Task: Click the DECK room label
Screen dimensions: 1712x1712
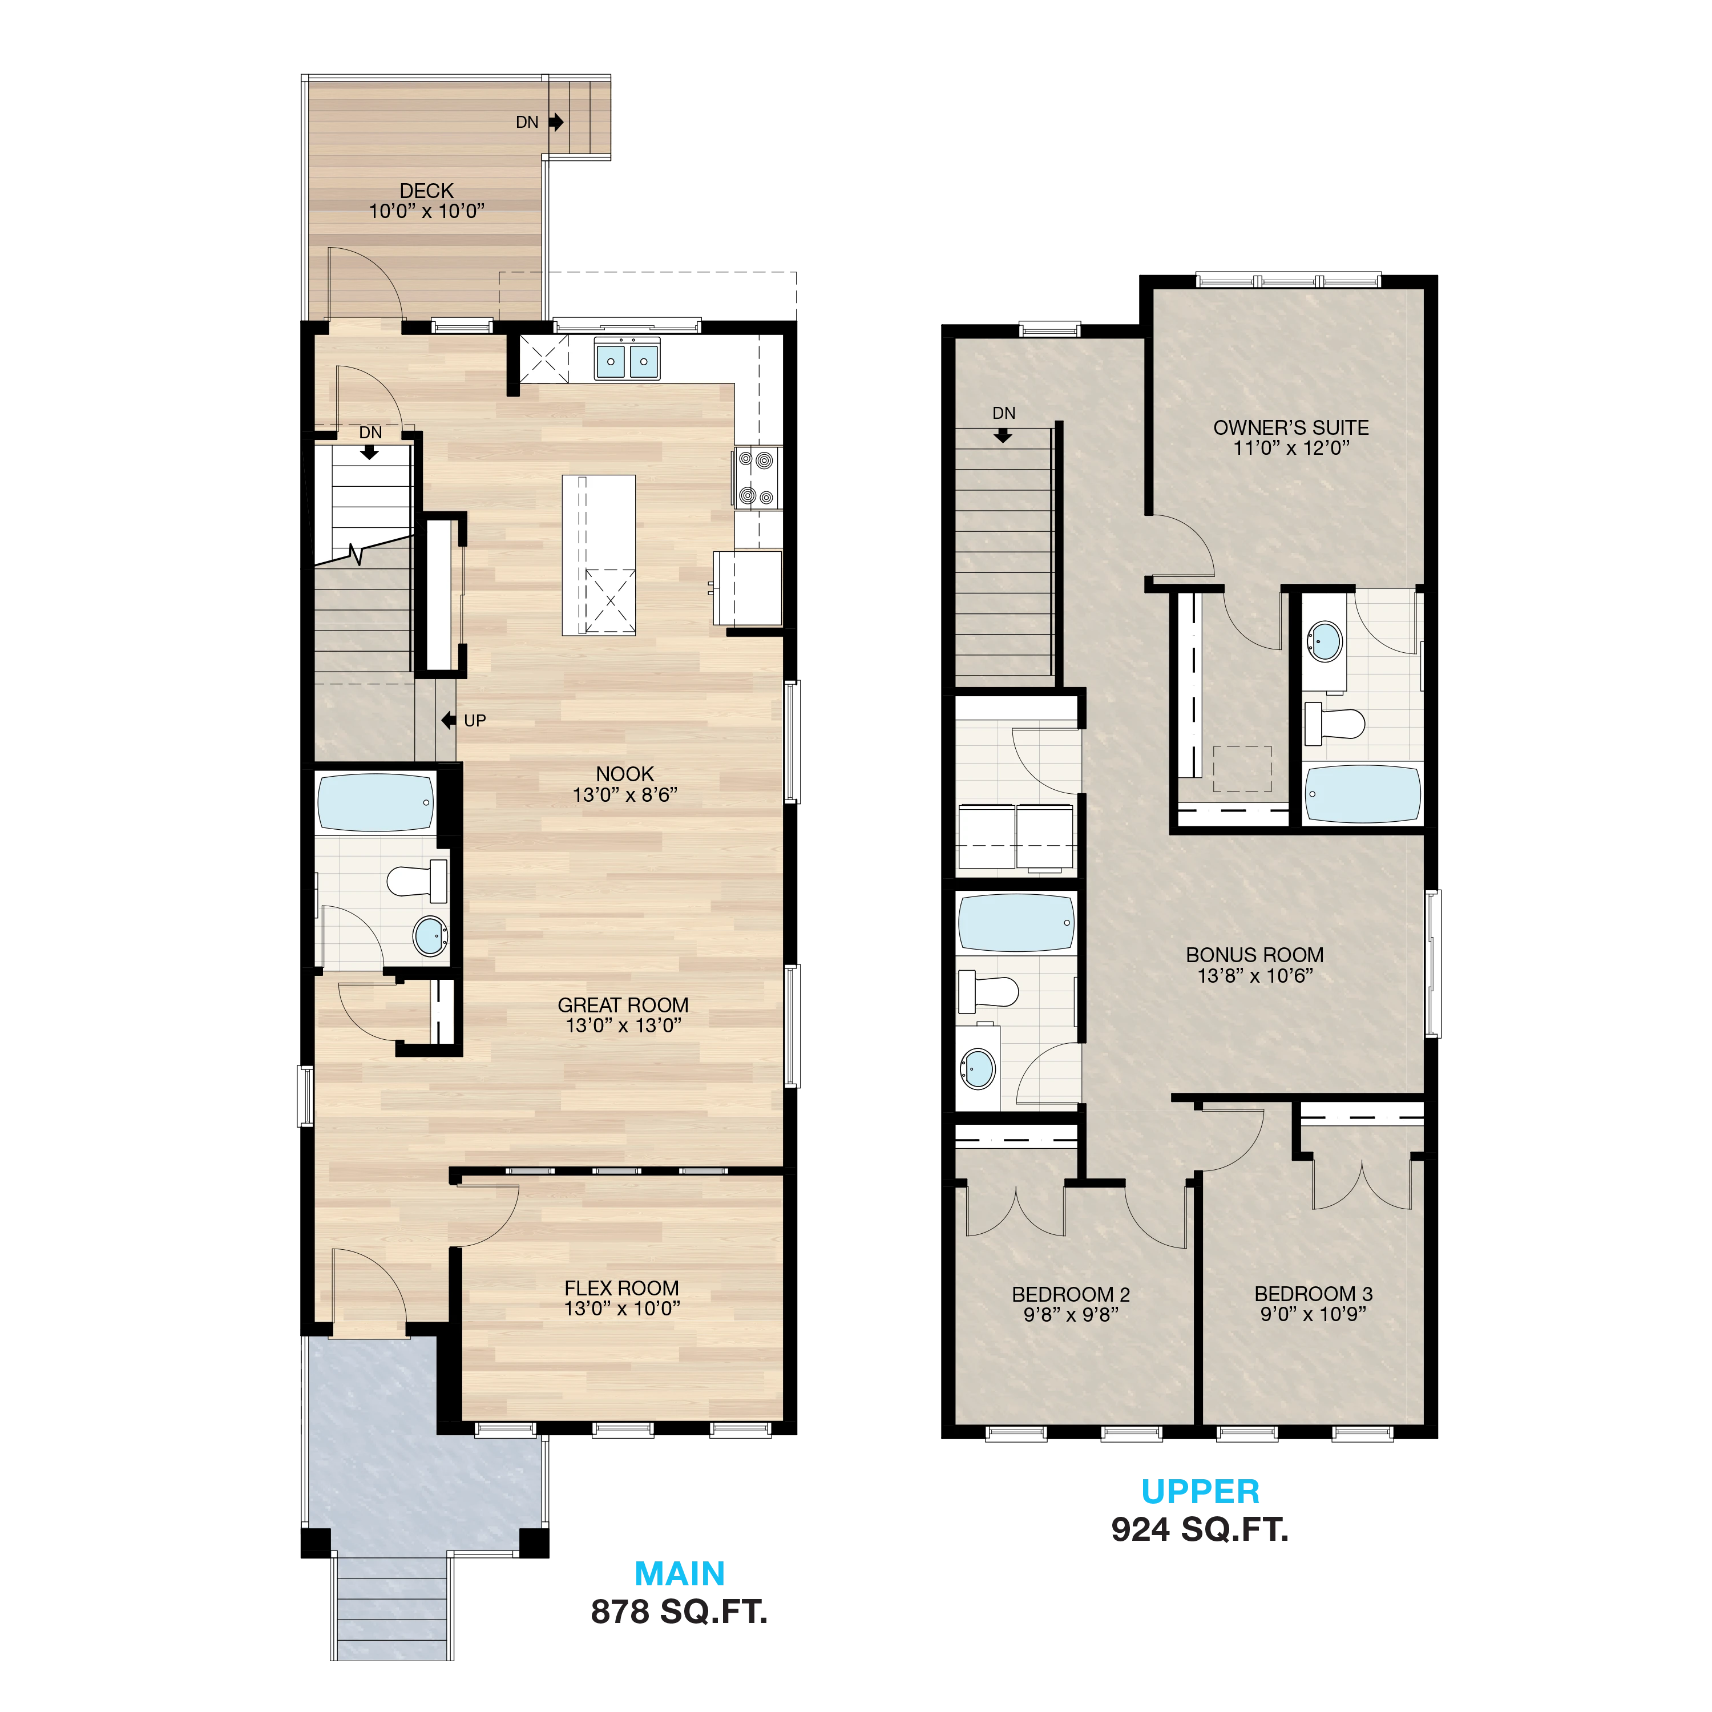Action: tap(426, 191)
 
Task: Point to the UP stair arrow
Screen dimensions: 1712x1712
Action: tap(449, 720)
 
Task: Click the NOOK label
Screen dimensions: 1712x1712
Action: tap(625, 774)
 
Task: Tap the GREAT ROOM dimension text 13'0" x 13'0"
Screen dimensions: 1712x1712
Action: tap(624, 1025)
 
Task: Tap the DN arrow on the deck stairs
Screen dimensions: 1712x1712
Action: tap(556, 122)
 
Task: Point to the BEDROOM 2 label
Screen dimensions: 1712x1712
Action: tap(1071, 1295)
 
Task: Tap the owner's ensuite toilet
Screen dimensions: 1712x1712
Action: tap(1335, 723)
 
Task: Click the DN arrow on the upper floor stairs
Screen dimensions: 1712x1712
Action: tap(1003, 435)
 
